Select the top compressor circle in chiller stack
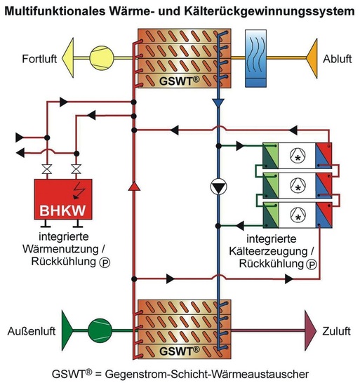coord(298,159)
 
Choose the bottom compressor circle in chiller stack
coord(298,217)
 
